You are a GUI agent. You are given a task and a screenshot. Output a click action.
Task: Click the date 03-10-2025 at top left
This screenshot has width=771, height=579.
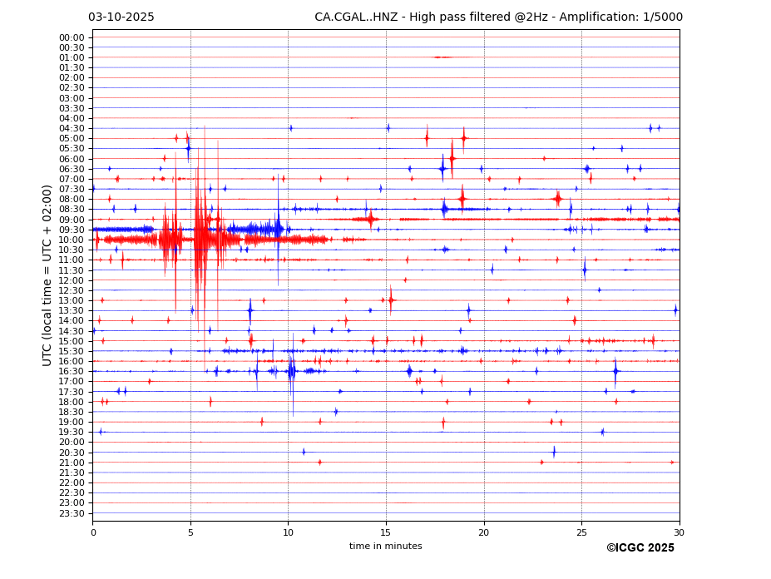tap(121, 17)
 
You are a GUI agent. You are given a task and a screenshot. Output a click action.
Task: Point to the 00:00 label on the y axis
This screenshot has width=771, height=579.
tap(72, 37)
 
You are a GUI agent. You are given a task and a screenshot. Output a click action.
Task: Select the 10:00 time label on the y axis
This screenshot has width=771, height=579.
tap(72, 240)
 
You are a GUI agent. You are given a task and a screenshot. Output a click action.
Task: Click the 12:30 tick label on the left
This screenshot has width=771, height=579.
tap(72, 290)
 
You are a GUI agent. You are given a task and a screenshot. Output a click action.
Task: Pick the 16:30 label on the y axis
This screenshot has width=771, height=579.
tap(72, 371)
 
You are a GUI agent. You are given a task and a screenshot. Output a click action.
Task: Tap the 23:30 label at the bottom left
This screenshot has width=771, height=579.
tap(72, 513)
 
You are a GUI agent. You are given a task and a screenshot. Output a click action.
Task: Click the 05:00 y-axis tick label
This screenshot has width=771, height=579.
tap(72, 138)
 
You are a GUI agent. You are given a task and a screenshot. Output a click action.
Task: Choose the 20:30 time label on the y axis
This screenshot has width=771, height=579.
tap(72, 453)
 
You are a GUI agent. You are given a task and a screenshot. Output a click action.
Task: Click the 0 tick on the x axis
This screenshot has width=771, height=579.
tap(92, 533)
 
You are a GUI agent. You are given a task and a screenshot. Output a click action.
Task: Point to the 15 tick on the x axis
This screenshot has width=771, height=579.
tap(386, 533)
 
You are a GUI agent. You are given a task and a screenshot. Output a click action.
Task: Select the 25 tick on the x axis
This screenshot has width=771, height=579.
tap(581, 533)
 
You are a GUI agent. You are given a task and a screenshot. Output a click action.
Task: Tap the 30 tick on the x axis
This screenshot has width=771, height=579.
tap(680, 533)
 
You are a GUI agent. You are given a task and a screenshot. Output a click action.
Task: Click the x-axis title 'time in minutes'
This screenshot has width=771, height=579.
tap(385, 547)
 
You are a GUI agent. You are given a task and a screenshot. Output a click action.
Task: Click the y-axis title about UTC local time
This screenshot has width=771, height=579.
tap(47, 275)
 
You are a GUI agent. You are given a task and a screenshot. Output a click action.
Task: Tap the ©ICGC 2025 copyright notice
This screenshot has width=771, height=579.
tap(640, 548)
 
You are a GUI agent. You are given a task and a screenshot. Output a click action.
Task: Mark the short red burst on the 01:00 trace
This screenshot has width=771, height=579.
tap(442, 57)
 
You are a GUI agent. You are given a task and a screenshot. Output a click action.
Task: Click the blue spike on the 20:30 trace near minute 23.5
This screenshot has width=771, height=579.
tap(554, 452)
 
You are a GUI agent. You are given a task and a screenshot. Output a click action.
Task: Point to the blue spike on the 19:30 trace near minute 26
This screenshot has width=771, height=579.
tap(602, 432)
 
